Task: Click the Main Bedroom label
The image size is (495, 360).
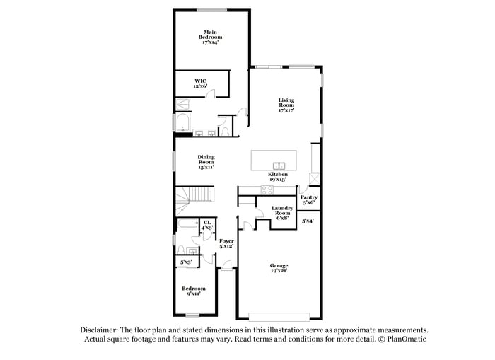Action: coord(210,37)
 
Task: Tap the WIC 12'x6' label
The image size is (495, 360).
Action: coord(200,83)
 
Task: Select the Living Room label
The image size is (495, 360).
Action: coord(286,105)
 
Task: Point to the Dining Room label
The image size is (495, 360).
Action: coord(206,162)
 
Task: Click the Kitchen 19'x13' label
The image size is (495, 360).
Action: coord(277,176)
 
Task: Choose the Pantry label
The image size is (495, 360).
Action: coord(309,199)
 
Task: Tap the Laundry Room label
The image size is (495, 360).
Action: coord(282,213)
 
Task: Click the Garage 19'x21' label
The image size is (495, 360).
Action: coord(279,268)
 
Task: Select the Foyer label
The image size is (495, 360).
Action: coord(226,244)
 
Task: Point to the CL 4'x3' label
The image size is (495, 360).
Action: coord(207,225)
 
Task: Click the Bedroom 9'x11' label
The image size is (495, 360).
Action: coord(193,291)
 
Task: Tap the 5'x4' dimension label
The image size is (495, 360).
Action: coord(308,221)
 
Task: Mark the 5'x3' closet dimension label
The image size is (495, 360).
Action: coord(187,262)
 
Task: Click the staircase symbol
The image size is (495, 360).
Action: coord(195,195)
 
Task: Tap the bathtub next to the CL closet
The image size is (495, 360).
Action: coord(188,226)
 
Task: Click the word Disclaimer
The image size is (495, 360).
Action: coord(98,330)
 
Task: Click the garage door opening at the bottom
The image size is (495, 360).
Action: coord(279,315)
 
